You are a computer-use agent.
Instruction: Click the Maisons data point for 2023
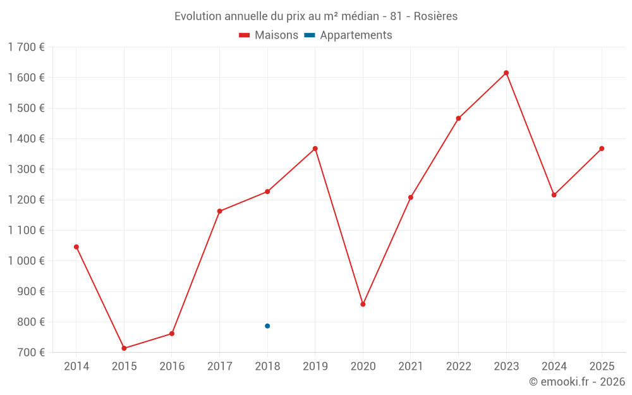point(506,73)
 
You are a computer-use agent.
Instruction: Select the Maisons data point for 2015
point(124,348)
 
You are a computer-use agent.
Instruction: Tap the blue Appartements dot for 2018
point(267,326)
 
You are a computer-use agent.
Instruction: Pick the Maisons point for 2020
point(363,304)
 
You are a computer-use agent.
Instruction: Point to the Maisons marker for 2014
point(76,246)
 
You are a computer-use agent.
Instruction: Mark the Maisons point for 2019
point(315,149)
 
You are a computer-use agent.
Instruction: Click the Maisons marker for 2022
point(458,118)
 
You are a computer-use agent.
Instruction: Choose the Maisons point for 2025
point(602,149)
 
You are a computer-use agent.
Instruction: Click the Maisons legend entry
point(269,35)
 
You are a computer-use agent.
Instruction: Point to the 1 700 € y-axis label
point(27,47)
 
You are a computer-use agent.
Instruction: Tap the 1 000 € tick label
point(27,261)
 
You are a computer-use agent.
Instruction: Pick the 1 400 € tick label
point(27,138)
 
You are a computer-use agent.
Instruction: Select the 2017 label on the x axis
point(219,366)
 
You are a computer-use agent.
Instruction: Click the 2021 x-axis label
point(410,366)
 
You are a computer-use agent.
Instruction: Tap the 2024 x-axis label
point(554,366)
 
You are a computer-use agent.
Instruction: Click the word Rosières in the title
point(435,16)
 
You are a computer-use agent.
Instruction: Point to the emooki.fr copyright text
point(577,382)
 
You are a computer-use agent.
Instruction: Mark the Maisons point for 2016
point(172,334)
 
